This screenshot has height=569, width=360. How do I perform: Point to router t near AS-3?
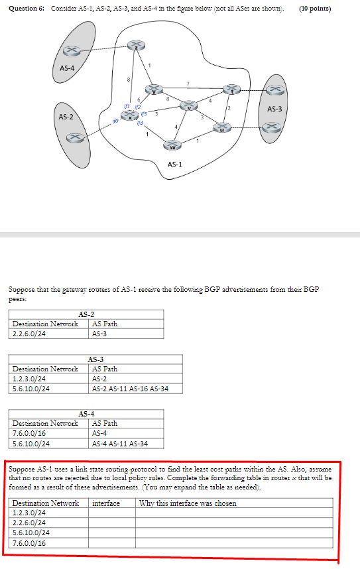(231, 89)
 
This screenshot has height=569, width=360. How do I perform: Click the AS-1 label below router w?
(176, 163)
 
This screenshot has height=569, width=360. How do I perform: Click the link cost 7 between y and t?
(188, 84)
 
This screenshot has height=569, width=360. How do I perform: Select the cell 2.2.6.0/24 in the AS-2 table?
(30, 334)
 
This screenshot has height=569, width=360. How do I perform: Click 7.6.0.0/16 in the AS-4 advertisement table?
(30, 433)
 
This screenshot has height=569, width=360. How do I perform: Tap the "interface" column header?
(106, 503)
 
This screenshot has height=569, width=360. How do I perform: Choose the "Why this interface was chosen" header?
(188, 503)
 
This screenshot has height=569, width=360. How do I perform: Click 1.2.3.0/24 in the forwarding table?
(30, 513)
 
